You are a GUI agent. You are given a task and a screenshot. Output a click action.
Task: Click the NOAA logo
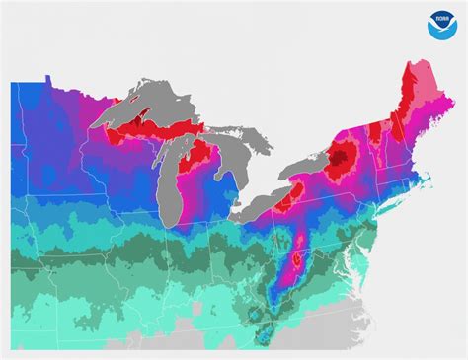pos(440,26)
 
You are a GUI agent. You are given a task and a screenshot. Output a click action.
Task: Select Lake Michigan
pos(179,174)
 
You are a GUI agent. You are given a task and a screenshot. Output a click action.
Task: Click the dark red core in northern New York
pos(344,155)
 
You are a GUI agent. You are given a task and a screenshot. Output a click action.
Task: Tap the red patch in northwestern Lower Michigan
pos(202,156)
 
